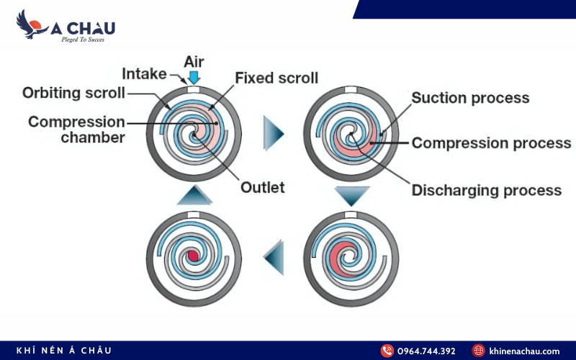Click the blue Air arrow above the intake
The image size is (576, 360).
point(194,78)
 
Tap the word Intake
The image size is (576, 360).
point(144,74)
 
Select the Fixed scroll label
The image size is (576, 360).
point(276,78)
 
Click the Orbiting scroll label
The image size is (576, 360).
point(73,93)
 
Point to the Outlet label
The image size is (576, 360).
point(262,187)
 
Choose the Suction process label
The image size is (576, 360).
point(470,98)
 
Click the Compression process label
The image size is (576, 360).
point(491,143)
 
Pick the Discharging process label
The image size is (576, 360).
point(487,190)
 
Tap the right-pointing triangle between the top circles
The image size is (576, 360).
point(274,133)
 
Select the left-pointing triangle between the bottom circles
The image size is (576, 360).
point(274,258)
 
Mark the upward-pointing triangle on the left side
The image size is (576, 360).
point(194,194)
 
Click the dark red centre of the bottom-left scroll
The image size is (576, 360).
point(193,256)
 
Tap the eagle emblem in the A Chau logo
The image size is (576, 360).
point(31,24)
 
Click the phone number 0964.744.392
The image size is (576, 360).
point(426,351)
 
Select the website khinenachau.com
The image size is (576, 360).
point(524,351)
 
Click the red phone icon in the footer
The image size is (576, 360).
point(387,351)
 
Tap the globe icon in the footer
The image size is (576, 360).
point(478,351)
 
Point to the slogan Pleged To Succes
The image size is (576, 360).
point(83,40)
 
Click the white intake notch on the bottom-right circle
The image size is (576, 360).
point(351,215)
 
